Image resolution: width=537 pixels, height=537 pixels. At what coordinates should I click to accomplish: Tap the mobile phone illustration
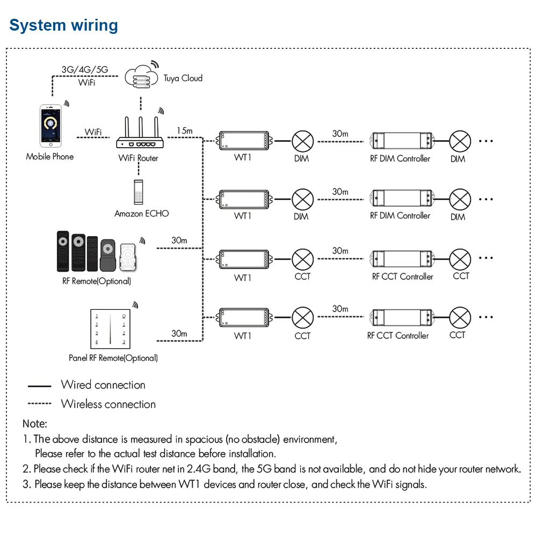pyautogui.click(x=50, y=126)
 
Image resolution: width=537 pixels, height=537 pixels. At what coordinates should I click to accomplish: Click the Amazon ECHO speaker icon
pyautogui.click(x=139, y=192)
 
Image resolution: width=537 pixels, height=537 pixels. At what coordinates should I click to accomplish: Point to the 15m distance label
pyautogui.click(x=185, y=131)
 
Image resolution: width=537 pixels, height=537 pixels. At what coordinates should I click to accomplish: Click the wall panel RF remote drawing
pyautogui.click(x=110, y=329)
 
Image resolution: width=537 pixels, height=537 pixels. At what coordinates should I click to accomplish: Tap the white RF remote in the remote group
pyautogui.click(x=128, y=257)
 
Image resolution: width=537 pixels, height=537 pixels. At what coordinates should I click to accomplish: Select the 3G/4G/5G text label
pyautogui.click(x=85, y=69)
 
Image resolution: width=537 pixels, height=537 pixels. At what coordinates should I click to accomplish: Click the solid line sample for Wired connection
pyautogui.click(x=39, y=386)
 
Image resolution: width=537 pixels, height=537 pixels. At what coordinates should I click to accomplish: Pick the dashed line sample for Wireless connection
pyautogui.click(x=39, y=404)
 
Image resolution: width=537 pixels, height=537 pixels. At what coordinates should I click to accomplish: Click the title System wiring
pyautogui.click(x=64, y=25)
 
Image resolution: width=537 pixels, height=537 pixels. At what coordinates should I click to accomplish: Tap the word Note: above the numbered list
pyautogui.click(x=35, y=424)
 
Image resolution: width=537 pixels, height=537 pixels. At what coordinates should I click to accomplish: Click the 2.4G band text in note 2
pyautogui.click(x=212, y=468)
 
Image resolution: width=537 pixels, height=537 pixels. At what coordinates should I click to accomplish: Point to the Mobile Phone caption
pyautogui.click(x=50, y=157)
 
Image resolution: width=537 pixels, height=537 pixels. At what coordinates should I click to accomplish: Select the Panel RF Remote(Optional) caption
pyautogui.click(x=113, y=358)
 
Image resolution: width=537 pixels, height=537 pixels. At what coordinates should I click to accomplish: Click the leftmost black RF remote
pyautogui.click(x=63, y=251)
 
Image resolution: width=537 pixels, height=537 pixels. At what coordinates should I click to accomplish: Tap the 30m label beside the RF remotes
pyautogui.click(x=179, y=241)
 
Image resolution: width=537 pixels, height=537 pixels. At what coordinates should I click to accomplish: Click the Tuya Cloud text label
pyautogui.click(x=183, y=78)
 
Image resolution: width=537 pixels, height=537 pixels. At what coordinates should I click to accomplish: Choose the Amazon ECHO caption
pyautogui.click(x=141, y=214)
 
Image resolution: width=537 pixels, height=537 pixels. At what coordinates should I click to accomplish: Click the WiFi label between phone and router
pyautogui.click(x=93, y=132)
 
